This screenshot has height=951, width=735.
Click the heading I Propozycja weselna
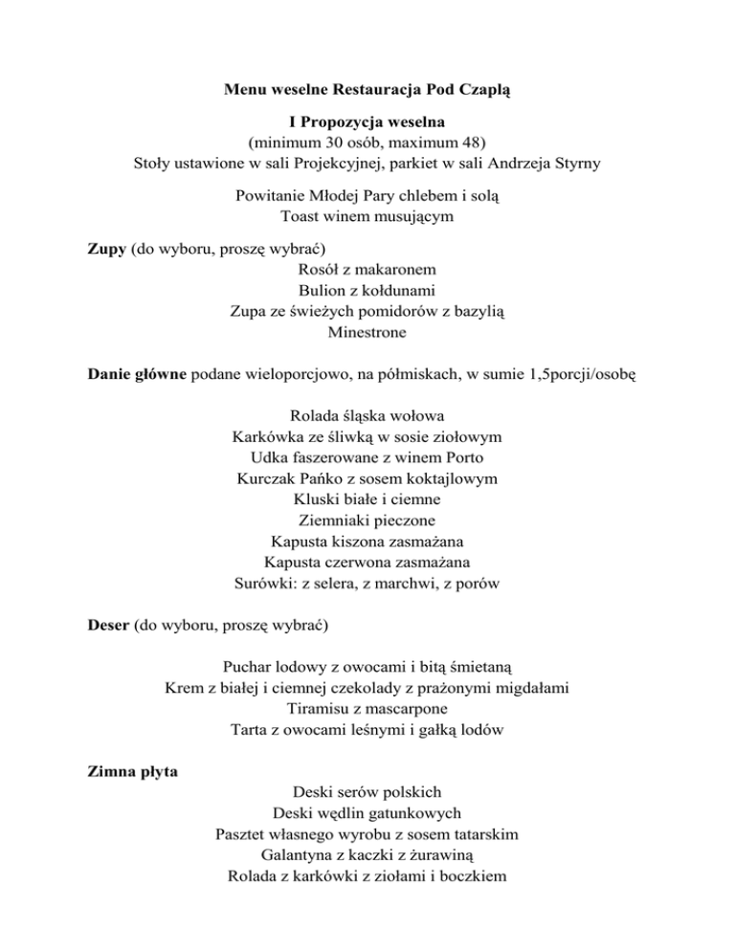tap(367, 123)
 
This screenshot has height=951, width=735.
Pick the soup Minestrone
tap(367, 333)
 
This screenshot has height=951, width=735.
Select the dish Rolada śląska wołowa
tap(367, 415)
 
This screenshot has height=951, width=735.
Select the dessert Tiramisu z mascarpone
tap(367, 709)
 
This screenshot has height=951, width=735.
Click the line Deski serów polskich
tap(367, 792)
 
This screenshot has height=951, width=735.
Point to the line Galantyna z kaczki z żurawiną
tap(367, 855)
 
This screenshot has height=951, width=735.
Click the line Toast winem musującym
tap(367, 216)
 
